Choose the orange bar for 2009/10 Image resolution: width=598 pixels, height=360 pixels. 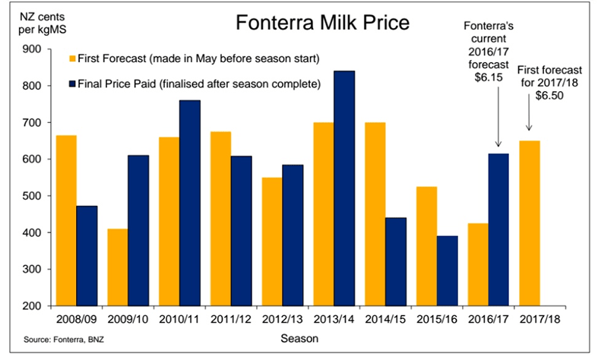[118, 267]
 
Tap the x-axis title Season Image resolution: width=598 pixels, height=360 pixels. [298, 337]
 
